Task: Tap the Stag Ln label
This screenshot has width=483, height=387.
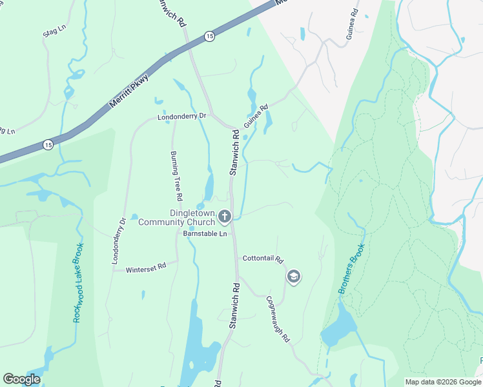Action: pos(55,31)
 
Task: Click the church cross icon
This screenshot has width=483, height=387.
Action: pos(225,217)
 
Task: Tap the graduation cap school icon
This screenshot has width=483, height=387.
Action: pos(294,277)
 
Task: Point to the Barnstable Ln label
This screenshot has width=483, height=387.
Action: pos(206,233)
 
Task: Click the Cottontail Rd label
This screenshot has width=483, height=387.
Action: pos(263,259)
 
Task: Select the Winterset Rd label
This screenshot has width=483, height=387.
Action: pos(146,266)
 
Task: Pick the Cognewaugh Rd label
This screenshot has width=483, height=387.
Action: pos(278,318)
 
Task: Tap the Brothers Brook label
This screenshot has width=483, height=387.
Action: pos(352,268)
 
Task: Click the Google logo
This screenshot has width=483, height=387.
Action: pos(21,379)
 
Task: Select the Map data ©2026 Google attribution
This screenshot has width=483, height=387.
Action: pos(443,382)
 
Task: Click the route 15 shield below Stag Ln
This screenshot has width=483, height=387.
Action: pos(49,145)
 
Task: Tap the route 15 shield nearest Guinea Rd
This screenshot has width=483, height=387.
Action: pos(210,37)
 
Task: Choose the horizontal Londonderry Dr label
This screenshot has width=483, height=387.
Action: pos(181,117)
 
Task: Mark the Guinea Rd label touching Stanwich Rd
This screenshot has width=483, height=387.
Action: pos(256,117)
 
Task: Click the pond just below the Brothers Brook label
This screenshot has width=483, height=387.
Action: pos(337,329)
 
